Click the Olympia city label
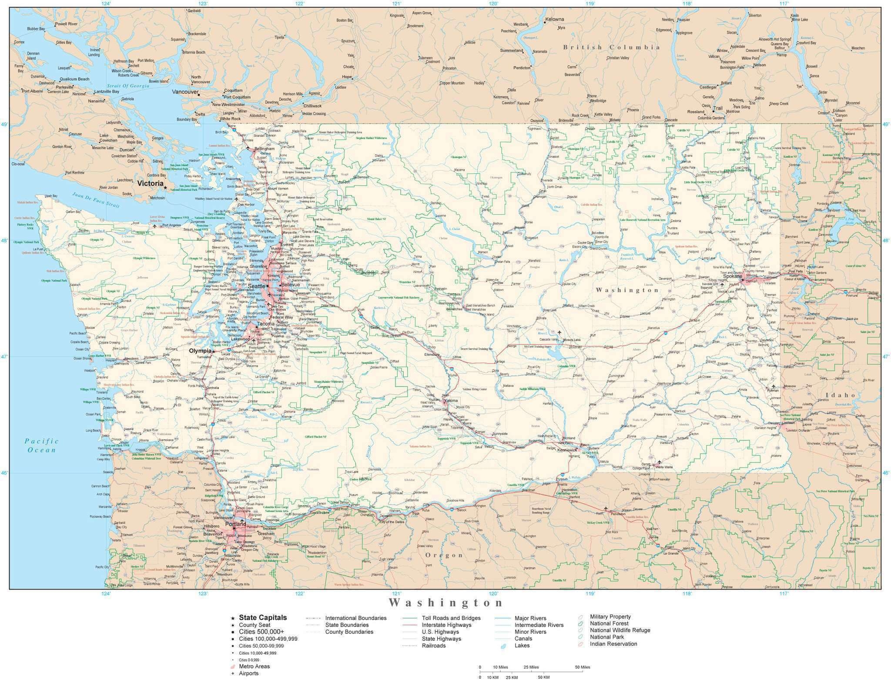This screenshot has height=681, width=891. pos(200,351)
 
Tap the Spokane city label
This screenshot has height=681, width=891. pos(733,276)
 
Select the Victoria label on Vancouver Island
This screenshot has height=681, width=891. pos(150,183)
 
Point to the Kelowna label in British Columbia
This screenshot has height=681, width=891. pos(554,19)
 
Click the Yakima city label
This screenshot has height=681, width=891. pos(451,400)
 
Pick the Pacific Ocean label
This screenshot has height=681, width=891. pos(41,445)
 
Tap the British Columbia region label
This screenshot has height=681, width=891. pos(611,47)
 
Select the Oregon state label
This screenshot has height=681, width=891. pos(444,555)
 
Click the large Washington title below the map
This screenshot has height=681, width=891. pos(446,603)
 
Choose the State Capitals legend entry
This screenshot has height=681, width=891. pos(263,617)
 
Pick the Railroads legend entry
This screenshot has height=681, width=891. pos(433,646)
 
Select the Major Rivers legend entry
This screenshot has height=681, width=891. pos(530,618)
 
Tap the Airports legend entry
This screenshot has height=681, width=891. pos(248,673)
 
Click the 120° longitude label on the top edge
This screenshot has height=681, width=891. pos(493,3)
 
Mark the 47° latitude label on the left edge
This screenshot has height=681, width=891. pos(4,357)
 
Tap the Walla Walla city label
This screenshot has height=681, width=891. pos(664,467)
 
